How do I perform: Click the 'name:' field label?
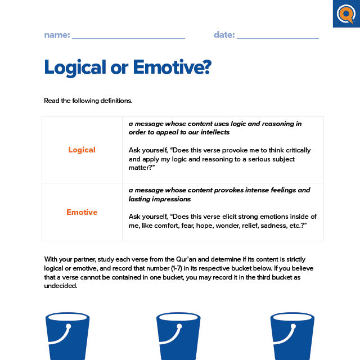pyautogui.click(x=57, y=35)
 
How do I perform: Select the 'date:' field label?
pyautogui.click(x=224, y=35)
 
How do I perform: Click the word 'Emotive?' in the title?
pyautogui.click(x=172, y=67)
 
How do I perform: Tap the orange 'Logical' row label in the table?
pyautogui.click(x=82, y=150)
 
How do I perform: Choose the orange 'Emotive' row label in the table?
pyautogui.click(x=82, y=212)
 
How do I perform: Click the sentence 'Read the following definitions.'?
pyautogui.click(x=88, y=101)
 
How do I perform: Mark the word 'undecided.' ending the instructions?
pyautogui.click(x=61, y=285)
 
